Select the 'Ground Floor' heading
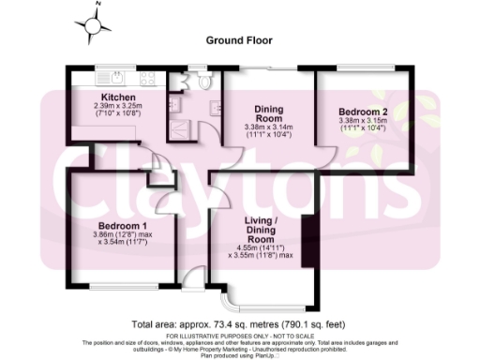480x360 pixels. coord(239,41)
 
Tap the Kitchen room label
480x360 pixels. coord(120,97)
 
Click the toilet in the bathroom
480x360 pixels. coord(205,82)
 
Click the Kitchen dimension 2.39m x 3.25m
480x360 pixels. coord(121,107)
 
